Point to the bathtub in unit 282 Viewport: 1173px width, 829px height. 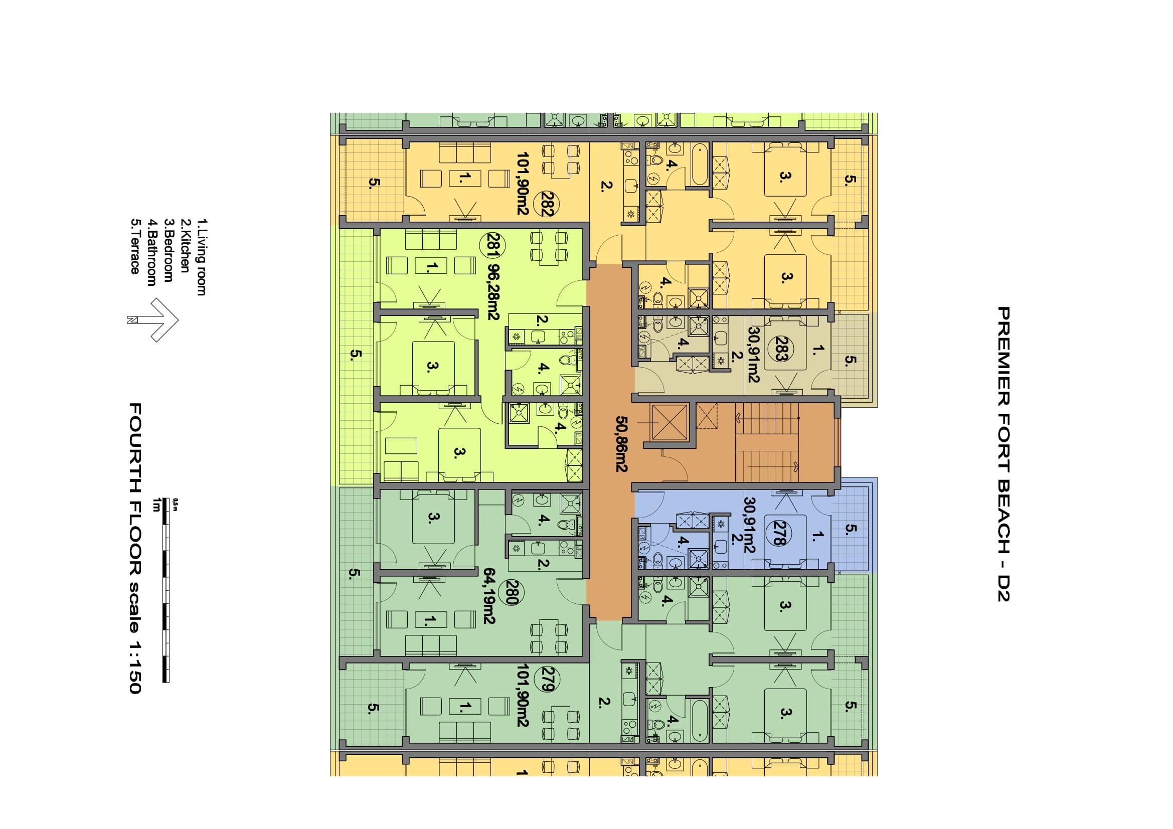699,165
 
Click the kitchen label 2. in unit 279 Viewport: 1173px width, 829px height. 605,702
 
